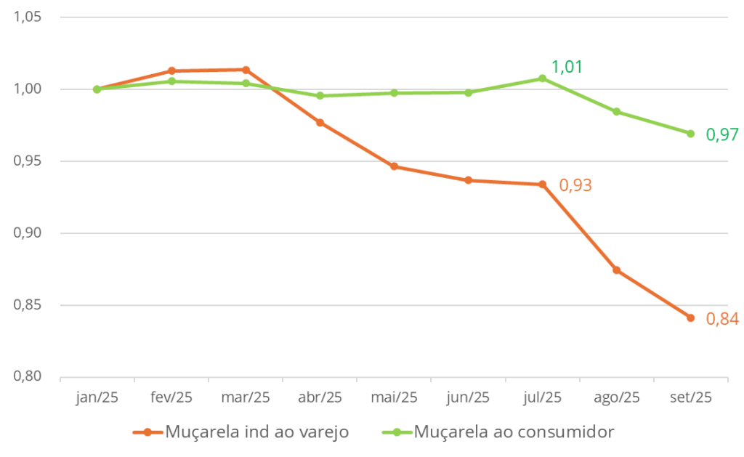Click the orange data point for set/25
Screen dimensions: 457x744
690,318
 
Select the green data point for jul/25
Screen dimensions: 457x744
542,78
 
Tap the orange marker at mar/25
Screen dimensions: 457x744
246,70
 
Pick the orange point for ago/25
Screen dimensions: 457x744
616,270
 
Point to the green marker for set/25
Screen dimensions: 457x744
690,134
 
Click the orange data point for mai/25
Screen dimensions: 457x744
394,166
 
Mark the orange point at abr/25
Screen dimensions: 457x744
320,123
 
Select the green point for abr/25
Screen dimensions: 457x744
320,96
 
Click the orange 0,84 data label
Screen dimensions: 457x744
722,319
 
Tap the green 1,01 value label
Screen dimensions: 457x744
567,68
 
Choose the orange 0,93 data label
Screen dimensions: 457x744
575,185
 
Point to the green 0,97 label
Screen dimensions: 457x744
722,134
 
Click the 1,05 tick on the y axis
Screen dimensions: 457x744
28,17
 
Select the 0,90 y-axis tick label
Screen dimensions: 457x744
28,233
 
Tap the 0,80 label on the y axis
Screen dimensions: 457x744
28,377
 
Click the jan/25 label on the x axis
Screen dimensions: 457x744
97,397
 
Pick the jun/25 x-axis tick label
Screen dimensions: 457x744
468,397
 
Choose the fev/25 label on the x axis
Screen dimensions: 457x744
171,397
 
